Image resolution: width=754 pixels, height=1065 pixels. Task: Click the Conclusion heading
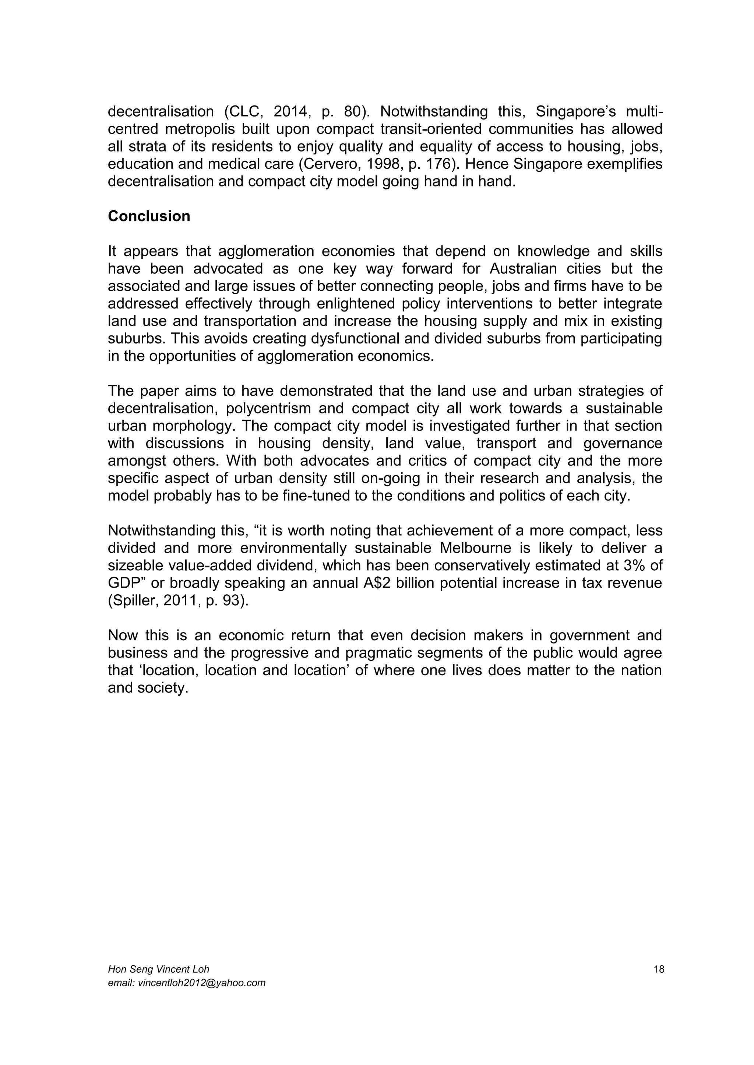[149, 216]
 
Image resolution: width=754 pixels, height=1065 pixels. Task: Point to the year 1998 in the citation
[378, 164]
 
